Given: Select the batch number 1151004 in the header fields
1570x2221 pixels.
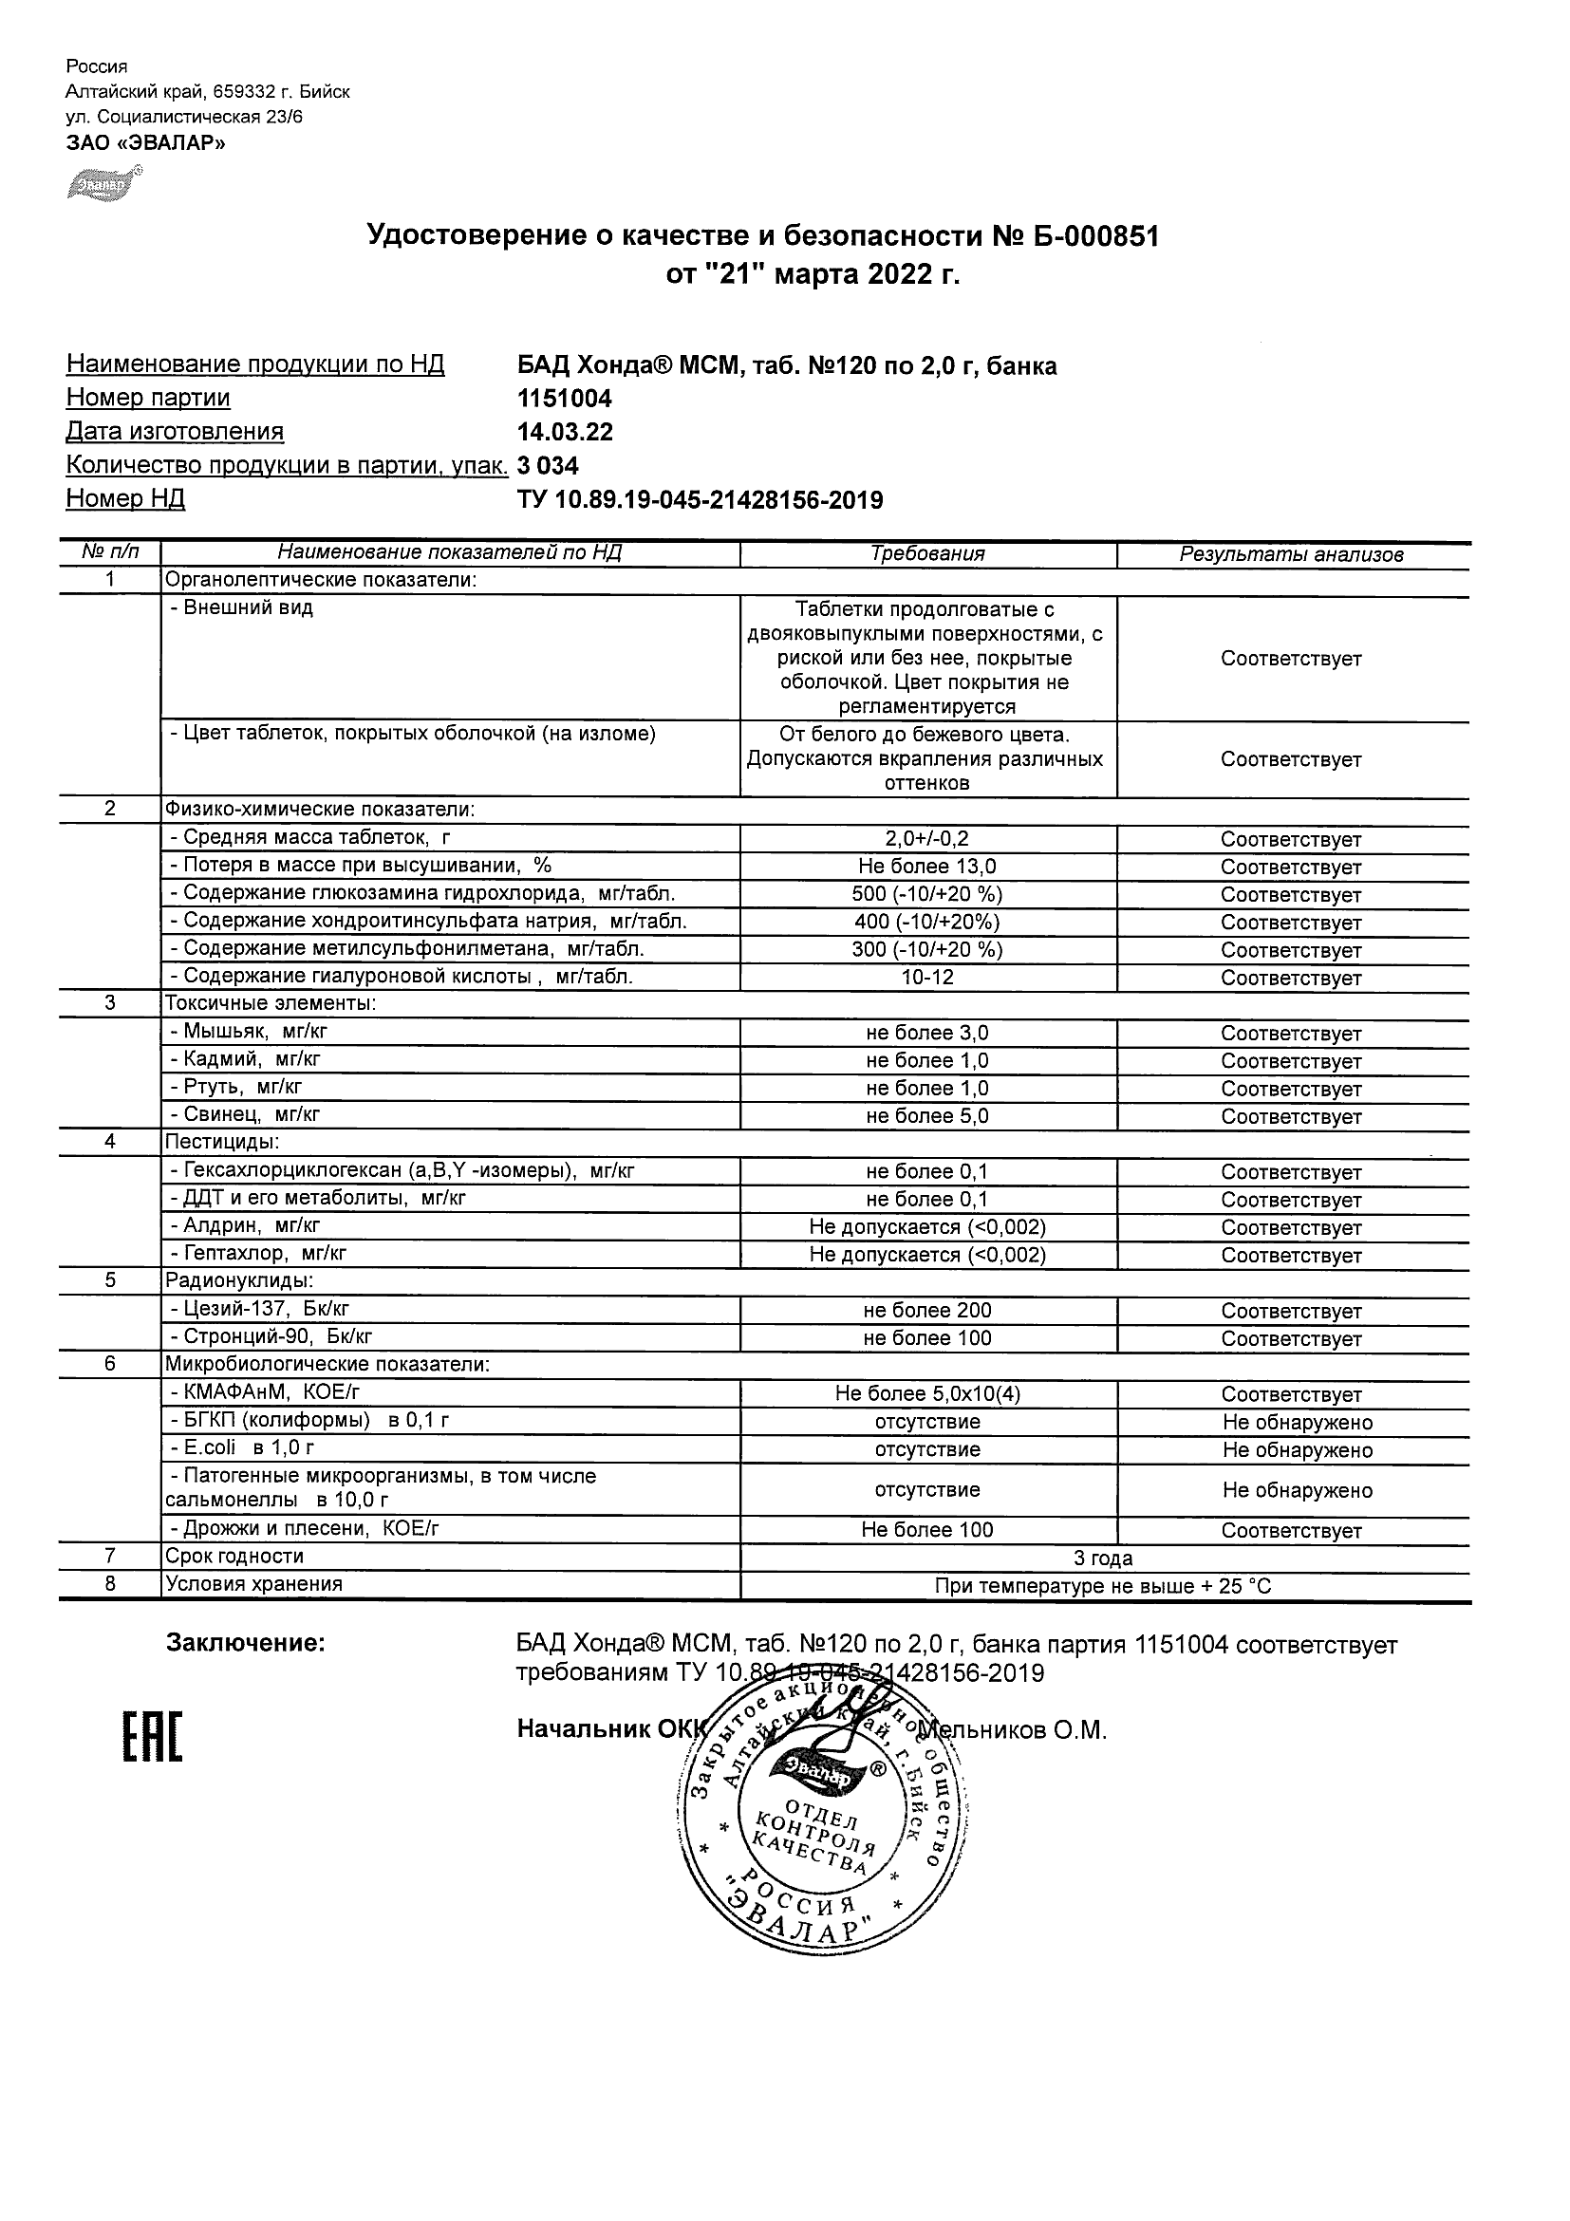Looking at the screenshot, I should click(565, 399).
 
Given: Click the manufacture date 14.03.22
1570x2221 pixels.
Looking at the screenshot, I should click(565, 433).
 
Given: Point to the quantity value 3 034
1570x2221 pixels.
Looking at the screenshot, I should click(548, 466).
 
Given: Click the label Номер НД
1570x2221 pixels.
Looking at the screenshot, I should click(125, 499).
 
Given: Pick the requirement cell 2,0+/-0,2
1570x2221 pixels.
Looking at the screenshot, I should click(926, 840).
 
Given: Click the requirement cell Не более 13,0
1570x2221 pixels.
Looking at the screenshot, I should click(926, 867).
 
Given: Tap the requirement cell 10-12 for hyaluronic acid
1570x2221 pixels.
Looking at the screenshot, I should click(926, 978).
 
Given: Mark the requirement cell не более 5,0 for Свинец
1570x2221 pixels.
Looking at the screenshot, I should click(926, 1116).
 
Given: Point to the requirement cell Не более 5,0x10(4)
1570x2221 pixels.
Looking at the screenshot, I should click(926, 1394).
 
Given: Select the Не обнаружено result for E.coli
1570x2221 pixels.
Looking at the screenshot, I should click(1297, 1450).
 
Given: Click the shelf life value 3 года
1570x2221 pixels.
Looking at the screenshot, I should click(1103, 1558).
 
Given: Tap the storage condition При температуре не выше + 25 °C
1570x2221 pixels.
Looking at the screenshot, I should click(1103, 1586).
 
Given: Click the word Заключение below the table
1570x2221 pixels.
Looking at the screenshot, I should click(246, 1644).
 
